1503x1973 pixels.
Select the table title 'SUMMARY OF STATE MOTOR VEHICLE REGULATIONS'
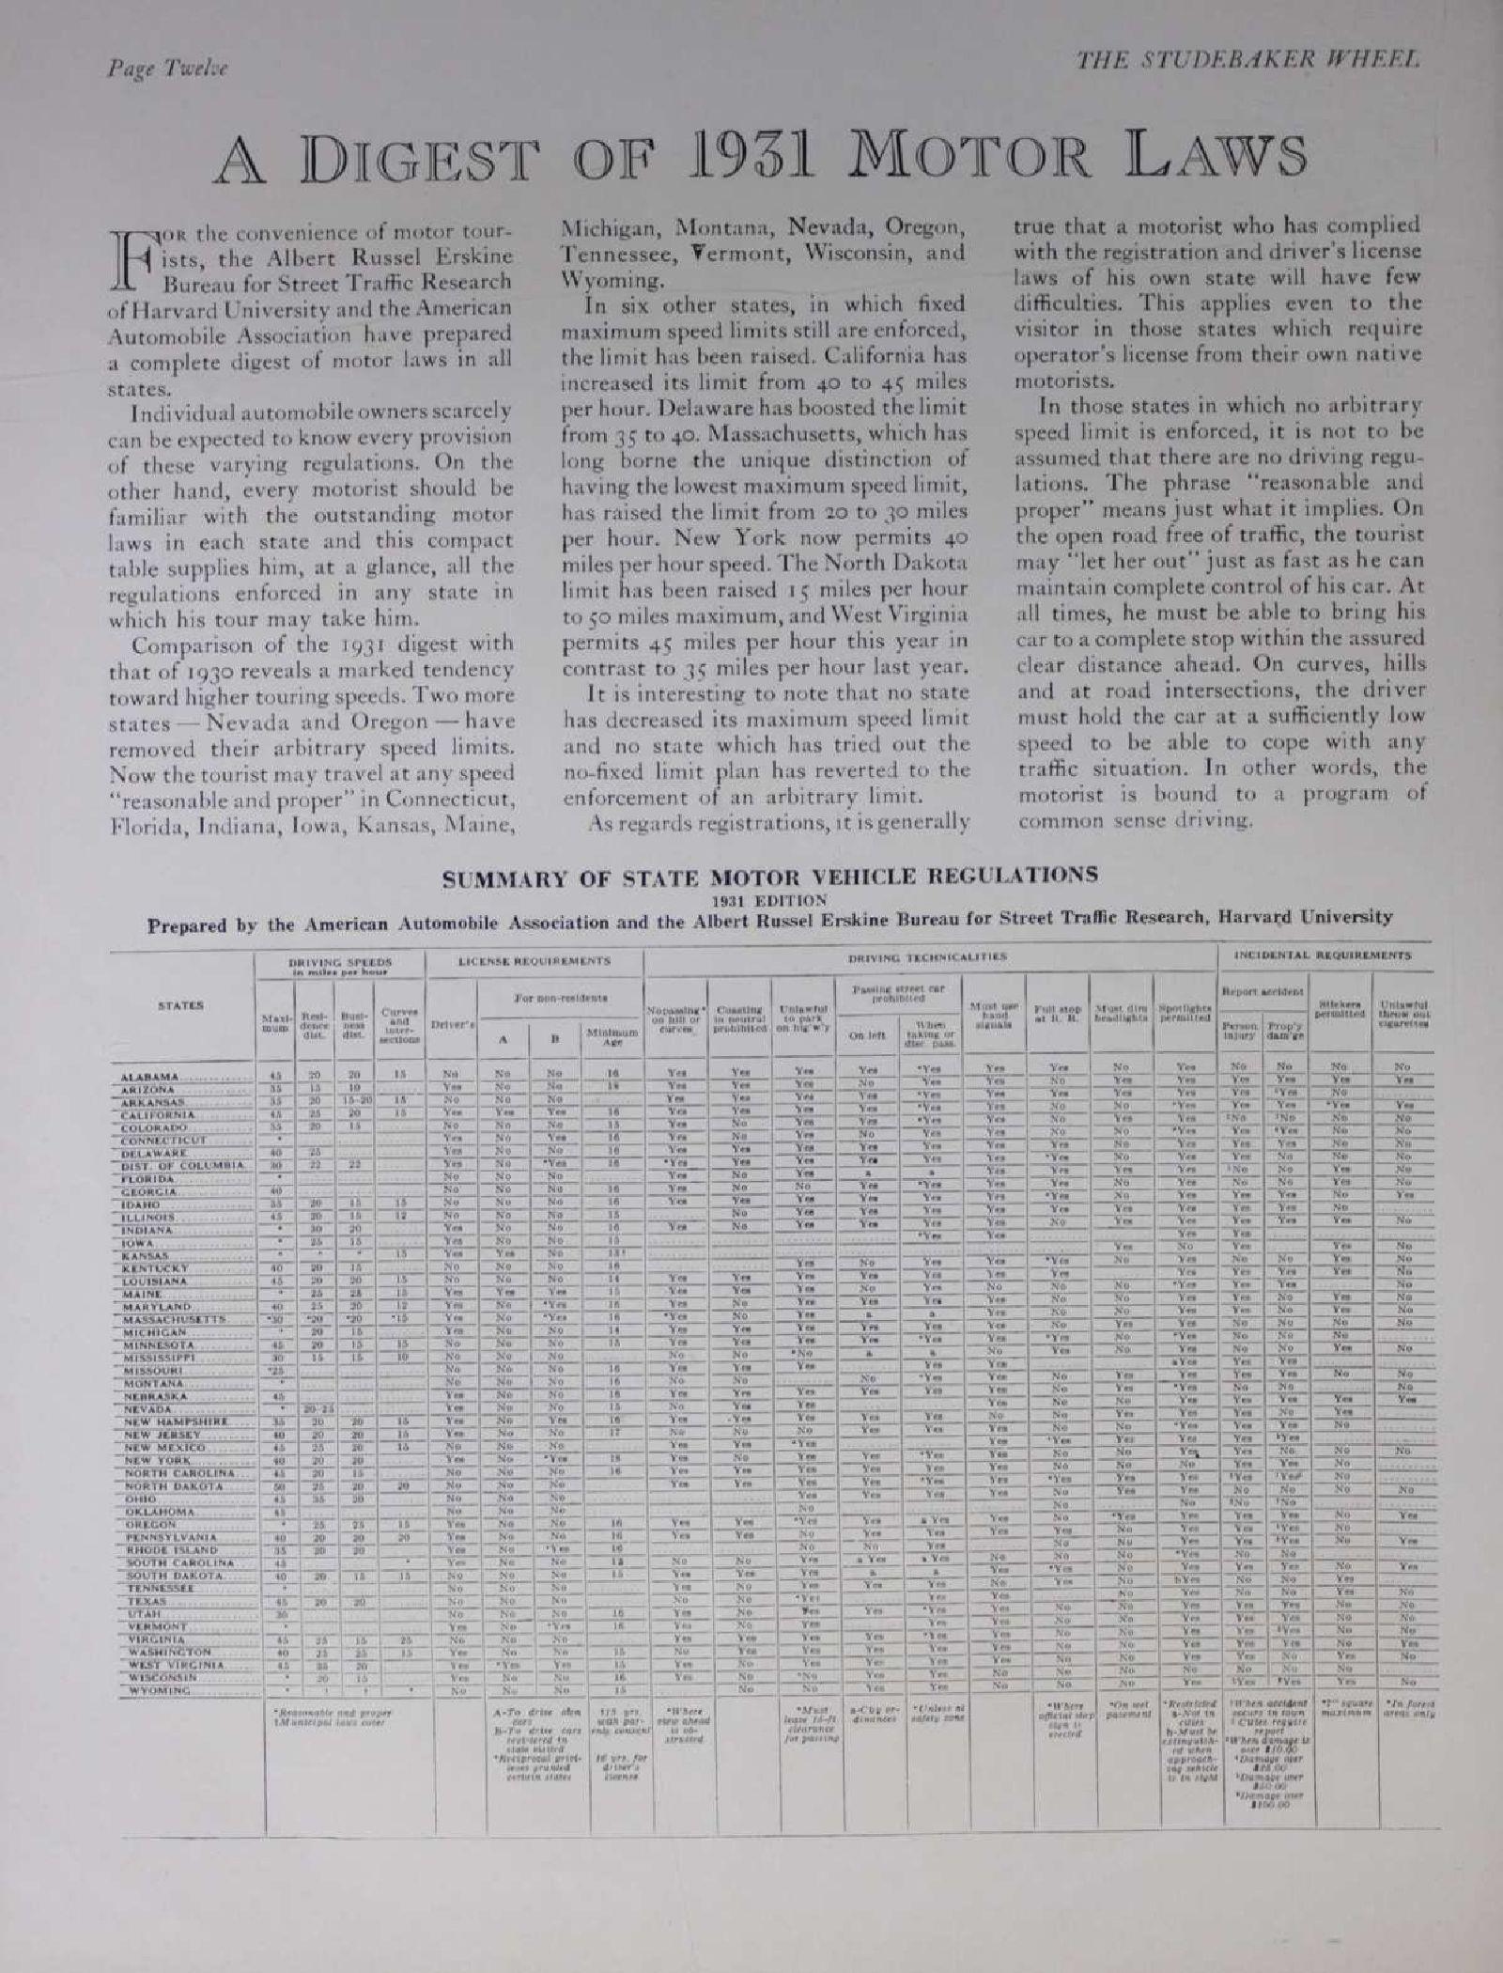769,877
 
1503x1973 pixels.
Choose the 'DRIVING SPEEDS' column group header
339,964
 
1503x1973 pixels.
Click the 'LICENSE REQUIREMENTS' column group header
535,961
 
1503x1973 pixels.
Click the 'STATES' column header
179,1005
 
